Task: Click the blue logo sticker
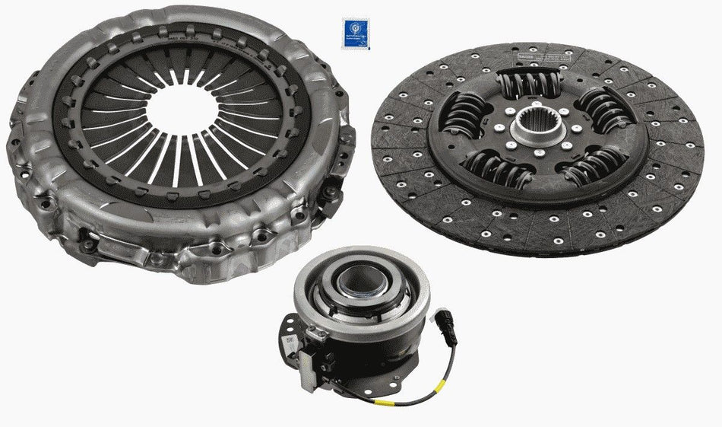tap(355, 33)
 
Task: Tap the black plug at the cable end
tap(442, 320)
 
